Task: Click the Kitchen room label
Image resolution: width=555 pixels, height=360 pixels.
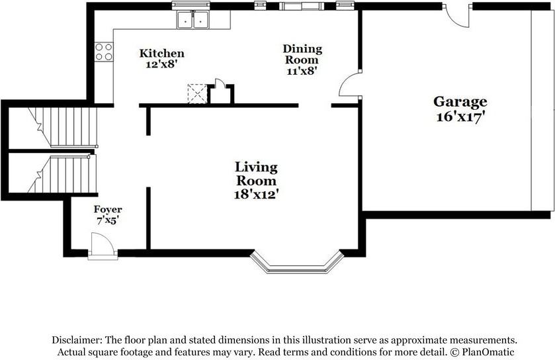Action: [x=162, y=54]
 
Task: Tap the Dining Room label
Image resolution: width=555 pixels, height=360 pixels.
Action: [x=302, y=54]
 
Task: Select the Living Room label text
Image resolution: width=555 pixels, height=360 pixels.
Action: [x=256, y=174]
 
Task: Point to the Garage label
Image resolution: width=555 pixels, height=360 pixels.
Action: [x=460, y=102]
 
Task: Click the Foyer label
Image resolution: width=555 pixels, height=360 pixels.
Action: [x=108, y=209]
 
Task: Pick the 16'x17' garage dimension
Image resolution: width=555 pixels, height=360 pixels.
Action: [x=460, y=116]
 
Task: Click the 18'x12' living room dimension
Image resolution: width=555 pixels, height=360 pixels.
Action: [x=256, y=195]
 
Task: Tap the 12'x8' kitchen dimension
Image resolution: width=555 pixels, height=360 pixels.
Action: [x=161, y=64]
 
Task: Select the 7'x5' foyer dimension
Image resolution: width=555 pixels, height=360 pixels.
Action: [x=107, y=220]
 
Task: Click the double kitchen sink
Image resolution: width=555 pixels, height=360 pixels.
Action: [x=193, y=19]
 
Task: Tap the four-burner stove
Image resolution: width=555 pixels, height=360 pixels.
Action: [x=104, y=52]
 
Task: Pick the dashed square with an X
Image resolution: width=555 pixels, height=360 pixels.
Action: [x=197, y=94]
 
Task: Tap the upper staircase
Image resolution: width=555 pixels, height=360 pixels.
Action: [x=63, y=127]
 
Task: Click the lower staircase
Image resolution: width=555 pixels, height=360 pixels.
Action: [x=62, y=174]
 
